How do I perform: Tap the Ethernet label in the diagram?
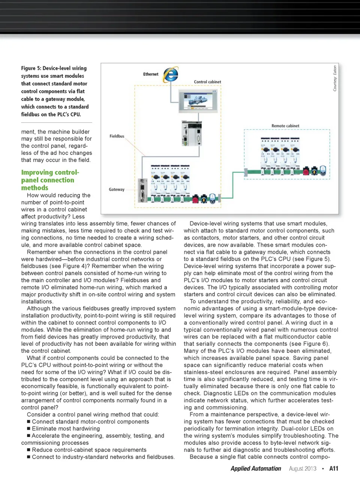(x=151, y=74)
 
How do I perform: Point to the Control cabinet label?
(x=207, y=82)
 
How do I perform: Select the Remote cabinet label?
(x=285, y=126)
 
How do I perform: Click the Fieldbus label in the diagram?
(x=117, y=136)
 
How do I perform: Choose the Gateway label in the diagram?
(x=117, y=190)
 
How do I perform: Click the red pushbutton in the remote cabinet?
(x=306, y=172)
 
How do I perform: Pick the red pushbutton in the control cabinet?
(x=195, y=199)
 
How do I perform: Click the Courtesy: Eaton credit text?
(x=335, y=78)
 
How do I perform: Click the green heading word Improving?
(x=37, y=173)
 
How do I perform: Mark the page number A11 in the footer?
(x=334, y=468)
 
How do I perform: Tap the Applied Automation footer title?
(x=256, y=468)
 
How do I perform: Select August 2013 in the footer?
(x=303, y=468)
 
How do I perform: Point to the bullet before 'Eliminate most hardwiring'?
(x=28, y=429)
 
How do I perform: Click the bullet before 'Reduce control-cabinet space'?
(x=28, y=450)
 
